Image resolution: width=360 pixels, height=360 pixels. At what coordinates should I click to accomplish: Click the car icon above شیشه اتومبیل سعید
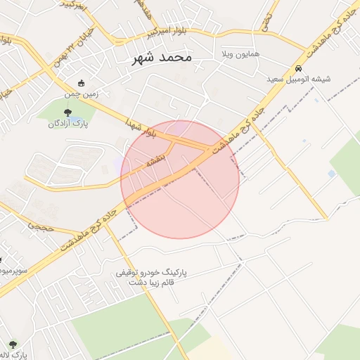300,69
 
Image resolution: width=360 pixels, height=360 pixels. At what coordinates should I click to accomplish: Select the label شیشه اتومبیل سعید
299,79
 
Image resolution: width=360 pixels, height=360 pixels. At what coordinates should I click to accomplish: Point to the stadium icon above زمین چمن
82,83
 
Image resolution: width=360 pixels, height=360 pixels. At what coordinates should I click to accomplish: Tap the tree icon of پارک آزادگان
67,112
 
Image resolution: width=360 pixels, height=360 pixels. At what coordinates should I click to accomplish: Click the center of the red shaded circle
180,179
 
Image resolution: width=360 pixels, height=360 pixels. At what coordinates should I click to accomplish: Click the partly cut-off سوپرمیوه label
13,270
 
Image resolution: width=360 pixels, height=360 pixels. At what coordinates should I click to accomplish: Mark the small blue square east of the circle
331,174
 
